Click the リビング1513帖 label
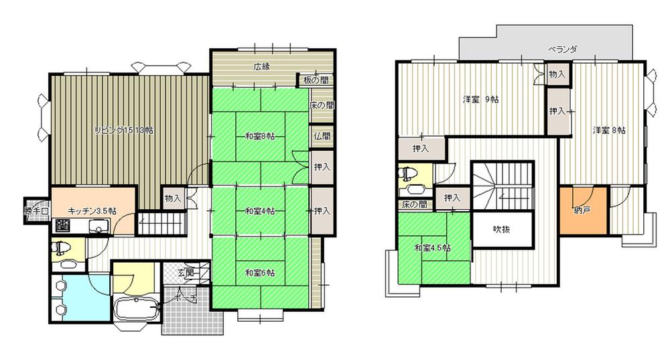pos(123,131)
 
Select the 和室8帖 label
pos(261,137)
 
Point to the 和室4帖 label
pos(261,211)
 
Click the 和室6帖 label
pos(261,273)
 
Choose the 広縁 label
pos(261,66)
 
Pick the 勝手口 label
pos(36,211)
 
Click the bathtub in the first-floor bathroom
pos(136,310)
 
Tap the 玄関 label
pos(186,272)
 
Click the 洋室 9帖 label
pos(481,99)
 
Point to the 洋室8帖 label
pos(609,129)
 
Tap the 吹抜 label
pos(502,230)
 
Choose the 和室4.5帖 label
pos(432,247)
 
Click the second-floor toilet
pos(407,177)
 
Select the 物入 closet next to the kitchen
pos(173,198)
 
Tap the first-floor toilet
pos(62,249)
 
